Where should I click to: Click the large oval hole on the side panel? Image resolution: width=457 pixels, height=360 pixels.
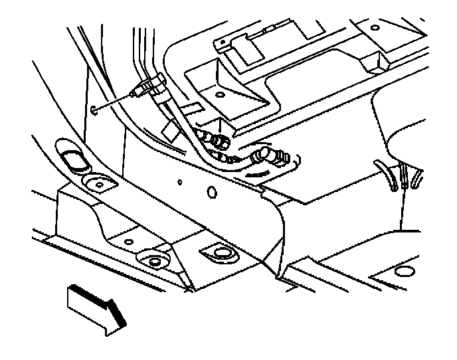click(213, 193)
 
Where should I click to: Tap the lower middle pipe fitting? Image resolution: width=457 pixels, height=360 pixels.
click(230, 158)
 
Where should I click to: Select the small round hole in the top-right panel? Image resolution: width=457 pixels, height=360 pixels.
click(373, 27)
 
